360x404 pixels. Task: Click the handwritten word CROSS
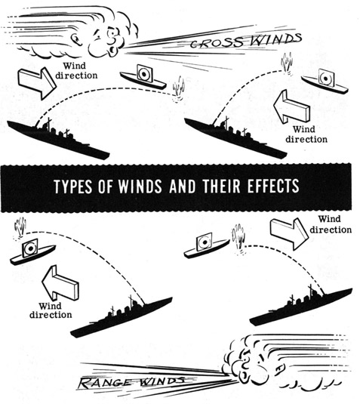point(217,43)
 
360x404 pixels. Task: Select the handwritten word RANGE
point(108,382)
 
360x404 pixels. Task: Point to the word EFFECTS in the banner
point(273,186)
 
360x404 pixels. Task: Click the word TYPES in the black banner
point(73,186)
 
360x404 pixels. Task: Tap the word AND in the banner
point(183,186)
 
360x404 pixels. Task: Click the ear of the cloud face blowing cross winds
point(76,39)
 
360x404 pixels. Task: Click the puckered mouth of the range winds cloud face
point(243,375)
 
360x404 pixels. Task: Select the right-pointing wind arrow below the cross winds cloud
point(37,83)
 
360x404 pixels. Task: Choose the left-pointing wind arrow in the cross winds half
point(291,106)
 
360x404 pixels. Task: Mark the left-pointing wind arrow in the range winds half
point(60,283)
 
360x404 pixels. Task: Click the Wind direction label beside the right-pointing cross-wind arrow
point(76,70)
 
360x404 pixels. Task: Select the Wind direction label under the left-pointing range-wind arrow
point(51,310)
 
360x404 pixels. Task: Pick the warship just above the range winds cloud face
point(301,306)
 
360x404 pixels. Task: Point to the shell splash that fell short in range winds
point(239,239)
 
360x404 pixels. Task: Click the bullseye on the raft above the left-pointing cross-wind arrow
point(326,78)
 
